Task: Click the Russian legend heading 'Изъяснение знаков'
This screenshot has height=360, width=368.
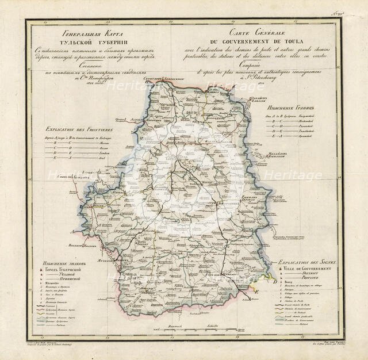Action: [59, 263]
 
